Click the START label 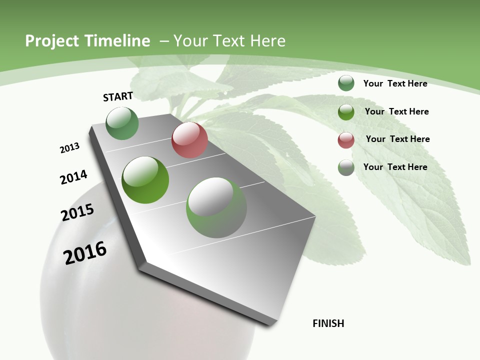[118, 96]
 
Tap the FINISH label [328, 323]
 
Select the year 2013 [69, 148]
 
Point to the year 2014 [73, 177]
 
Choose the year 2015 [77, 212]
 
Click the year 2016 [85, 253]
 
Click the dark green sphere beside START [122, 123]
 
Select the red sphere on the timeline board [189, 140]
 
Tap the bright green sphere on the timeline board [145, 180]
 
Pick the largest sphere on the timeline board [216, 207]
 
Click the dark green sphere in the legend [346, 83]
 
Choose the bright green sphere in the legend [346, 112]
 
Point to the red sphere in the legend [346, 140]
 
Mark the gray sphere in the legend [346, 167]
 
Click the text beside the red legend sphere [397, 139]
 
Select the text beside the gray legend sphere [395, 167]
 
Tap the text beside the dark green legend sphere [395, 83]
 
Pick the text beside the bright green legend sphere [396, 111]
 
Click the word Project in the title [51, 41]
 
